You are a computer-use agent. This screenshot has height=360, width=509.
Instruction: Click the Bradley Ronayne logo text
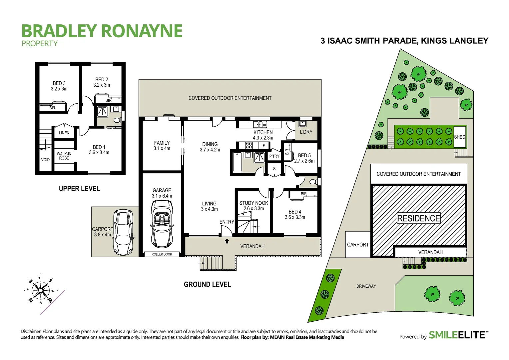102,31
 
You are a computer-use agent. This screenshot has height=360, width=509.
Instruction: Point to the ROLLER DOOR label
162,254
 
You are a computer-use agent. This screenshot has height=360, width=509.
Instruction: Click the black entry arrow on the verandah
227,241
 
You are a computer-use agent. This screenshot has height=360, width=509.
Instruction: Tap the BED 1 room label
99,150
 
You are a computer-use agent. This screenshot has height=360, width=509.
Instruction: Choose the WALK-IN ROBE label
64,156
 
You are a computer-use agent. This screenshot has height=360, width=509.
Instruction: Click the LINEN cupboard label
64,133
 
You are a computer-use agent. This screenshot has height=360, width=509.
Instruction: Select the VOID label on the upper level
45,160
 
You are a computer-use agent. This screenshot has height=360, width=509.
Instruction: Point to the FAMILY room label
162,146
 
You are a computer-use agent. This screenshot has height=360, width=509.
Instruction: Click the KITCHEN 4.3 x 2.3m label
263,135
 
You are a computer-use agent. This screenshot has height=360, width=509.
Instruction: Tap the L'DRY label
306,132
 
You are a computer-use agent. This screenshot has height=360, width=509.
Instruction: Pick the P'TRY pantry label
274,156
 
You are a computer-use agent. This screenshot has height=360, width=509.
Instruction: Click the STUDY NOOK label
254,206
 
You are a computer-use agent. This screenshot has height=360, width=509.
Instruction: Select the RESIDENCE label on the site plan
418,218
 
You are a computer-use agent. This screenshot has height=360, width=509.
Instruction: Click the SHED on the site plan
460,137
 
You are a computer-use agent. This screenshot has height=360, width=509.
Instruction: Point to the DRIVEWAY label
366,286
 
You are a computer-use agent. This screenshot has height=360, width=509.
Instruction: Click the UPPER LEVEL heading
79,189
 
